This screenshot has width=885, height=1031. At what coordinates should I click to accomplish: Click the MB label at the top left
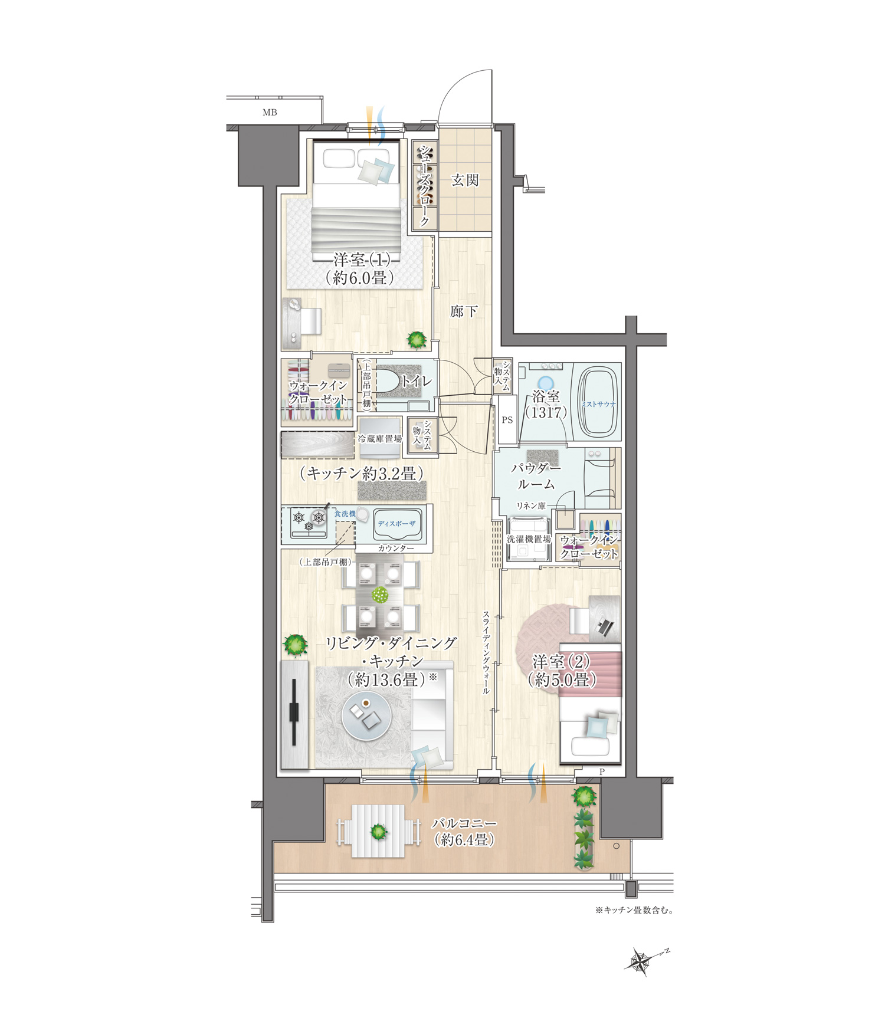(270, 112)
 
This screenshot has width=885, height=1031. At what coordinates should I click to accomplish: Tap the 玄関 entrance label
(465, 180)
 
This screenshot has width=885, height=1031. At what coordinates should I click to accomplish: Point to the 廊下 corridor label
(464, 311)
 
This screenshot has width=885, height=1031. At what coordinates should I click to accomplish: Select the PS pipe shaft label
(507, 420)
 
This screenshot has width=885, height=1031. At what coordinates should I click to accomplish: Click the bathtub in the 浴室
(598, 403)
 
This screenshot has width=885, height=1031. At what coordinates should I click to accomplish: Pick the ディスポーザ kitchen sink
(397, 524)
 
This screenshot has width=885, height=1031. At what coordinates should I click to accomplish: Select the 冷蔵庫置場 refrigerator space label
(379, 439)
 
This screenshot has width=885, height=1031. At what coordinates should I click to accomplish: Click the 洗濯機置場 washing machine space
(529, 539)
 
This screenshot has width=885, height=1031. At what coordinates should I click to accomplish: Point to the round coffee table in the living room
(367, 716)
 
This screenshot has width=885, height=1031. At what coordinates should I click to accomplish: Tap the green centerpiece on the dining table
(381, 595)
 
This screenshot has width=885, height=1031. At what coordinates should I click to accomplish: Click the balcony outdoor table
(378, 832)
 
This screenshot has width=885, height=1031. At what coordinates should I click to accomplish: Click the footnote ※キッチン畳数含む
(634, 910)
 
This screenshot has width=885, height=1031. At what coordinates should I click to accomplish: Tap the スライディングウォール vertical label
(486, 652)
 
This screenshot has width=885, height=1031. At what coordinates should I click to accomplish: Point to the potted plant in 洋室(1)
(417, 340)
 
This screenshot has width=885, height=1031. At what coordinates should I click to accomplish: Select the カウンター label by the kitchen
(396, 548)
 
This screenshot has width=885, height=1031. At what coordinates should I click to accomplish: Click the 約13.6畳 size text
(386, 679)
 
